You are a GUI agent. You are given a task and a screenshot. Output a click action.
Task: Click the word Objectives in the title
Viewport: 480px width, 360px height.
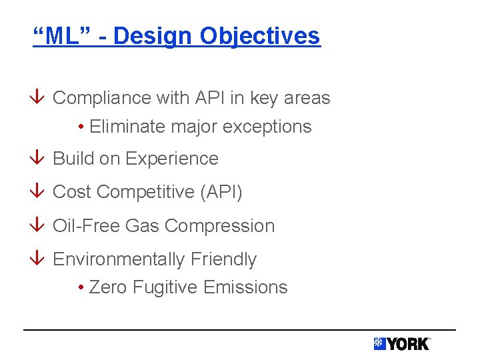coord(260,37)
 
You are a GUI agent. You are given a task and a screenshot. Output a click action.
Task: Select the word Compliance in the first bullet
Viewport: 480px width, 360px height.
coord(101,98)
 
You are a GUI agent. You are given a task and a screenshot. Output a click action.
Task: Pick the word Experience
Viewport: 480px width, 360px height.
coord(171,159)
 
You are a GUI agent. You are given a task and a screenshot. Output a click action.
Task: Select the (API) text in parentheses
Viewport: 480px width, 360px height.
coord(221,193)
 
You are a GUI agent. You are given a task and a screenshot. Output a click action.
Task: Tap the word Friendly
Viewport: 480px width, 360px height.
coord(223,259)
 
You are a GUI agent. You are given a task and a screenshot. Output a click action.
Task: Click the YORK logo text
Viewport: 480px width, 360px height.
coord(408,344)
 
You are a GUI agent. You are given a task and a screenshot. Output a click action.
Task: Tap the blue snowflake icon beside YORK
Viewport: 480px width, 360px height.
coord(379,343)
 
